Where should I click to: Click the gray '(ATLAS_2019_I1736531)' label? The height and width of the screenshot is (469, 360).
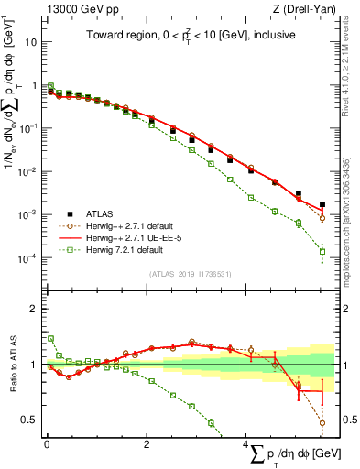coord(190,273)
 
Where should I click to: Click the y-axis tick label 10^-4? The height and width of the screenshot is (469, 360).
coord(28,257)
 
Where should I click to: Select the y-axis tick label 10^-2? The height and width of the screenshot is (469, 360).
coord(28,171)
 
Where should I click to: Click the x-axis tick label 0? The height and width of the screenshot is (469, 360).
coord(46,443)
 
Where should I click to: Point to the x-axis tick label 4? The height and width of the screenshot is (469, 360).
coord(245,443)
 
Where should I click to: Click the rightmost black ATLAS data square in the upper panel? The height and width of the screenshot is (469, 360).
coord(322,205)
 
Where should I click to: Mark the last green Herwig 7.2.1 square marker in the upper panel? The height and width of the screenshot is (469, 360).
coord(322,251)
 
